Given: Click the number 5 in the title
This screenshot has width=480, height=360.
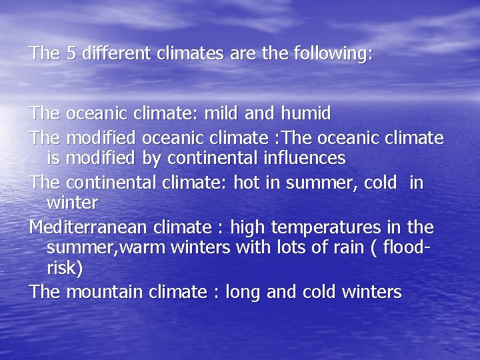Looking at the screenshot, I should click(71, 53).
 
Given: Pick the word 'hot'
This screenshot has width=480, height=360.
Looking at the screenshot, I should click(246, 182).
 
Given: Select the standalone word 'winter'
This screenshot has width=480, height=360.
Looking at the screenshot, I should click(72, 201).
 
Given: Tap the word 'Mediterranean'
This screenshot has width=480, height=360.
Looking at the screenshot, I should click(89, 227).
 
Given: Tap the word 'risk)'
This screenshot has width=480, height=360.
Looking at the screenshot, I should click(65, 268).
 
